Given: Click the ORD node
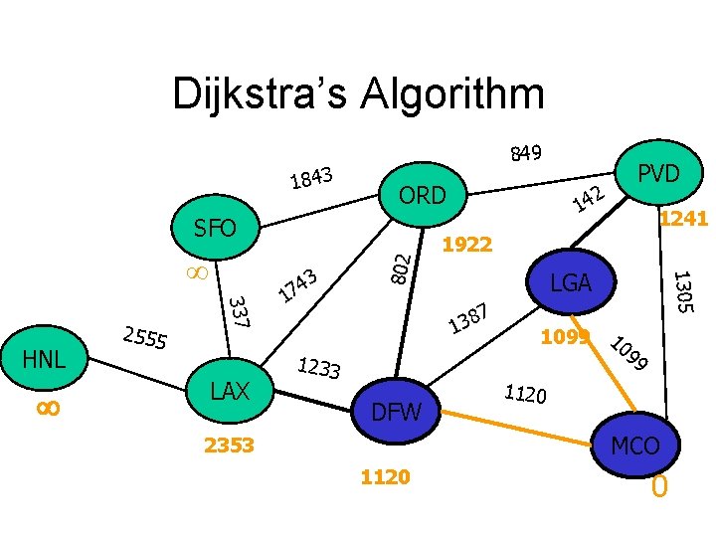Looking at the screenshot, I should [422, 195].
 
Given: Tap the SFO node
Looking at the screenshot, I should [215, 229].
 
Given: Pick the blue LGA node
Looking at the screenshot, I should [571, 283].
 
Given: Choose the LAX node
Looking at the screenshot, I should [230, 391].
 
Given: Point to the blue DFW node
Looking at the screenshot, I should [396, 411].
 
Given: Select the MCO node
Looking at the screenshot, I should [634, 446].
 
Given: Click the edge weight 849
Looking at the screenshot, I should [525, 153].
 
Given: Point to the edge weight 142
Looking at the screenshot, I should [589, 198].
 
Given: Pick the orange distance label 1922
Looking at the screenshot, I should [466, 244].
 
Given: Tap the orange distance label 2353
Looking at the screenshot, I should [230, 445].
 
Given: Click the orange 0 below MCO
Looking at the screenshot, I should [658, 488].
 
